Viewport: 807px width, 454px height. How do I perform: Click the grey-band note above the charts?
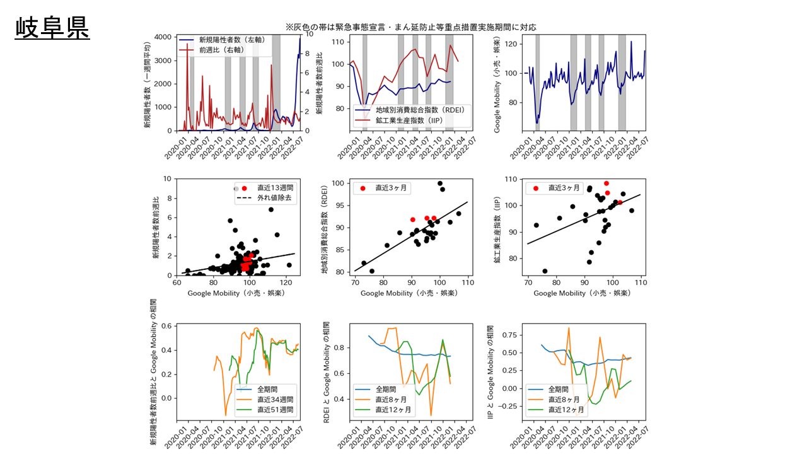(410, 27)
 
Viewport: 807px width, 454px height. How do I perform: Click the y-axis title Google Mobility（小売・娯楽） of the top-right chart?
(497, 84)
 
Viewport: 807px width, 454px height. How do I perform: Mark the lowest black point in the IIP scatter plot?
(545, 271)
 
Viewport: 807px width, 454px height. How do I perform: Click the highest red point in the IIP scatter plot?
(607, 183)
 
